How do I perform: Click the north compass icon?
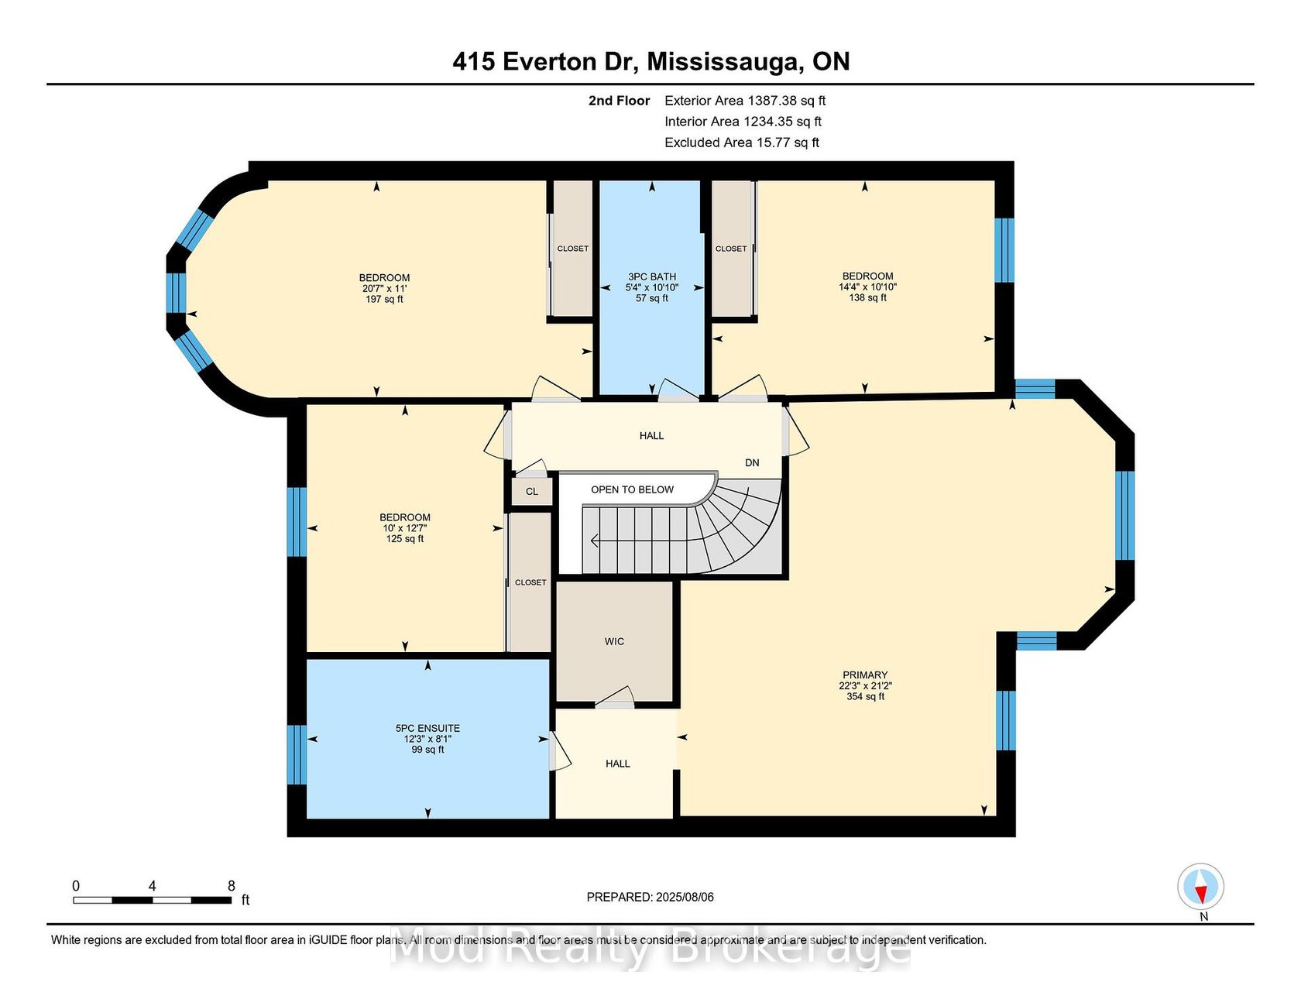(1200, 887)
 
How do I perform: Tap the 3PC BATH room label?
(652, 276)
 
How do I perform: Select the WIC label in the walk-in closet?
(614, 641)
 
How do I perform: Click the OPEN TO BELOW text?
(632, 489)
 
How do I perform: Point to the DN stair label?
(752, 463)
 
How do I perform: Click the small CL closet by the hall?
(532, 492)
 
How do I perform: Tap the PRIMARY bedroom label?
(865, 675)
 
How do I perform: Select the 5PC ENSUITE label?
(427, 728)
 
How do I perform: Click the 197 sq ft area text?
(384, 299)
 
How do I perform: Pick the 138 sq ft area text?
(867, 297)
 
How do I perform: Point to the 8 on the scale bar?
(232, 886)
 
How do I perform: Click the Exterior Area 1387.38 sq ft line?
(745, 101)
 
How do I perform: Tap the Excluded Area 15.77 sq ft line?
(742, 142)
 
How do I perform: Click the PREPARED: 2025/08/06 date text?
(650, 897)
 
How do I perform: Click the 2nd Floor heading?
(619, 101)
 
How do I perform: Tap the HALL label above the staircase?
(651, 436)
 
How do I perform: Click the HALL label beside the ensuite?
(617, 764)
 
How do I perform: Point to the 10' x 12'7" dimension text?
(405, 528)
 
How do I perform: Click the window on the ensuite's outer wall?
(297, 754)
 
